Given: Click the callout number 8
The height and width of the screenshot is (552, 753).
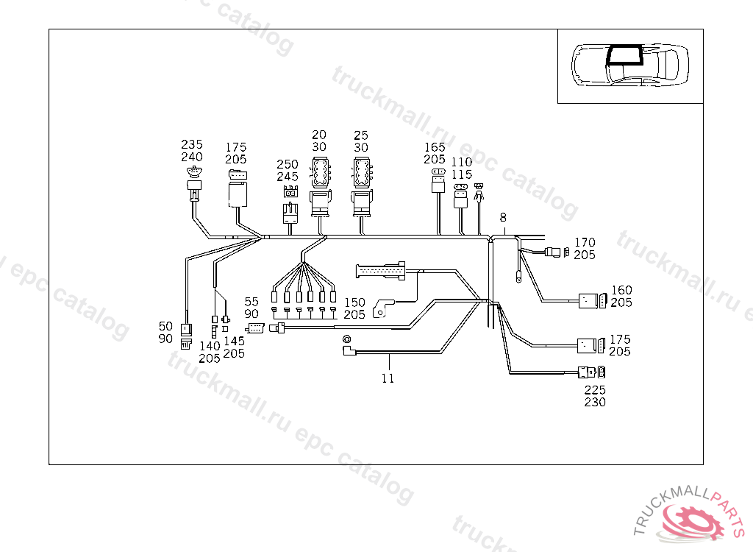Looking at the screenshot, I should [503, 218].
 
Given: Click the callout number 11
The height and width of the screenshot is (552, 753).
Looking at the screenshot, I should [388, 378].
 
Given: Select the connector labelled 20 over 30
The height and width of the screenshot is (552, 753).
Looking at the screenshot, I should [320, 183].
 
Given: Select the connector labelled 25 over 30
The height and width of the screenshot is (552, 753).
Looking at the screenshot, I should [362, 183].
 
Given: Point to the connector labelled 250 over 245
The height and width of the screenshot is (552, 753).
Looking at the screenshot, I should [290, 203].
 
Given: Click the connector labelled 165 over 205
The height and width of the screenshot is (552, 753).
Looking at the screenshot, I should [438, 180].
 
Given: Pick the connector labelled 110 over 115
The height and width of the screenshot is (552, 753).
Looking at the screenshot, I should [461, 193].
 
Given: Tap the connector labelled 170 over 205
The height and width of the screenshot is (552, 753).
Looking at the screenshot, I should [557, 254].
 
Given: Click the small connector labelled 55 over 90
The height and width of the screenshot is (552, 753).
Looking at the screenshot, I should [255, 328].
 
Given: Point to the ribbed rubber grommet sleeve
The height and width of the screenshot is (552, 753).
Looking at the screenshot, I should [381, 271].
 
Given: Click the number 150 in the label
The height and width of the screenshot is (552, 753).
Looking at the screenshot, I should [354, 302].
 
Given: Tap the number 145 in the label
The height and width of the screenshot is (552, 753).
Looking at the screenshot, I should [234, 341].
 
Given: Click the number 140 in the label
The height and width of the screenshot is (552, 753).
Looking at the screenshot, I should [210, 346].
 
